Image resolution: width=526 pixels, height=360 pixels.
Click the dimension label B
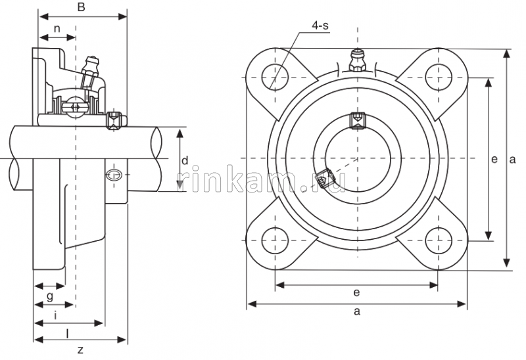(81, 7)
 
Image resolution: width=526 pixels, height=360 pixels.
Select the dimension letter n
(57, 29)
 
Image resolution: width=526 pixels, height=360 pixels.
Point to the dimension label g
(50, 297)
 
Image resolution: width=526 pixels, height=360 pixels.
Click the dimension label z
(80, 349)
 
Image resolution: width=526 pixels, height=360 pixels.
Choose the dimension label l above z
(68, 332)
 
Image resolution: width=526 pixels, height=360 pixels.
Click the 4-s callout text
(320, 25)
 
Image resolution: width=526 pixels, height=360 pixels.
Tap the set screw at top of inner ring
(357, 120)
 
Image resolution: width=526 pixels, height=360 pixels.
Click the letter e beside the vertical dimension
(494, 158)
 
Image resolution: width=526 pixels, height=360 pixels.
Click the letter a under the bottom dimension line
(357, 312)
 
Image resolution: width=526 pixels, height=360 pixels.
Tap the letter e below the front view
(356, 292)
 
